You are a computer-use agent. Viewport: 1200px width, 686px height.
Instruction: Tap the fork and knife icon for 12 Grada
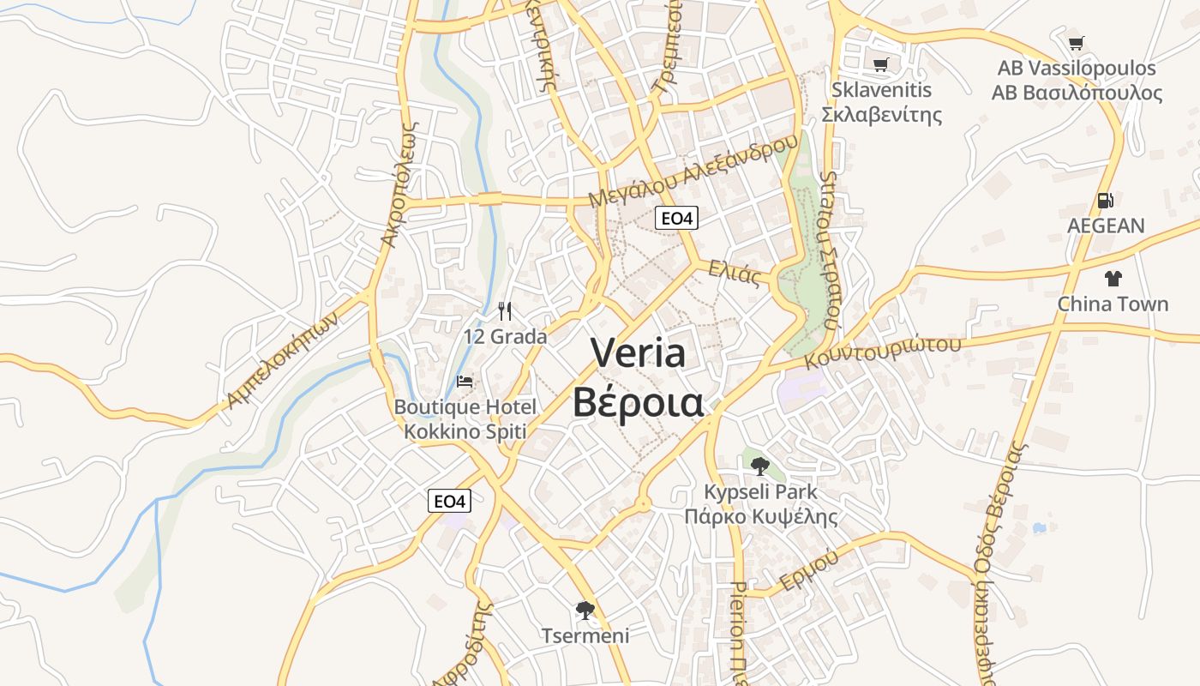pyautogui.click(x=505, y=310)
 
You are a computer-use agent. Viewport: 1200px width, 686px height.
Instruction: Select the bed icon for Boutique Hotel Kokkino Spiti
pyautogui.click(x=465, y=382)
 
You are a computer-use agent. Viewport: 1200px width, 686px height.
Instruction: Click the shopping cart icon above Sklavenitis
pyautogui.click(x=880, y=64)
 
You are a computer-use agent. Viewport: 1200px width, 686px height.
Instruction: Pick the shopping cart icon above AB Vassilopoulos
pyautogui.click(x=1077, y=43)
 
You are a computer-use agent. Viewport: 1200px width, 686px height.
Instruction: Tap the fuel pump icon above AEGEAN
pyautogui.click(x=1106, y=201)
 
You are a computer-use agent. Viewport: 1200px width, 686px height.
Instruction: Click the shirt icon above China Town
pyautogui.click(x=1113, y=278)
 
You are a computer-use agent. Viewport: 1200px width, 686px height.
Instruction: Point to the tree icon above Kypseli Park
pyautogui.click(x=759, y=466)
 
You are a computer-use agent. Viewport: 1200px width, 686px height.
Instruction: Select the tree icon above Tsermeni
pyautogui.click(x=585, y=611)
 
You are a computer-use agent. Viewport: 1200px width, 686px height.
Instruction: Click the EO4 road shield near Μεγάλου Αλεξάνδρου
pyautogui.click(x=676, y=219)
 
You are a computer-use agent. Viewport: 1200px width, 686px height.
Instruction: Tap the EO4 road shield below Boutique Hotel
pyautogui.click(x=449, y=501)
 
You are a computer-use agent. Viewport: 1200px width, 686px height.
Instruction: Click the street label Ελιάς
pyautogui.click(x=735, y=273)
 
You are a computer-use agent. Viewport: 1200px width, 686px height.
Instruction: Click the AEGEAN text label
pyautogui.click(x=1106, y=226)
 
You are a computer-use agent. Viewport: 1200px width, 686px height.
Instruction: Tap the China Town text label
pyautogui.click(x=1113, y=304)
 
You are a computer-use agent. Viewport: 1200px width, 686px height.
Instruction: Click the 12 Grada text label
pyautogui.click(x=505, y=336)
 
